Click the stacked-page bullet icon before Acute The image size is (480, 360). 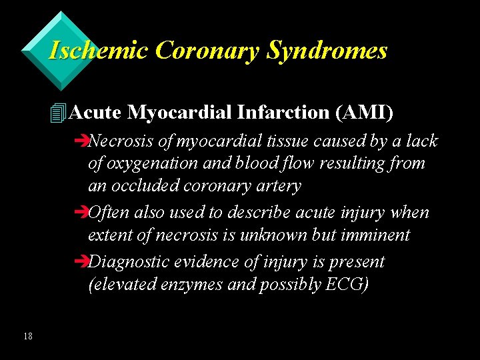click(58, 113)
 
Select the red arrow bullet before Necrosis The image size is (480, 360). click(82, 141)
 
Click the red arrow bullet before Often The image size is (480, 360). click(82, 213)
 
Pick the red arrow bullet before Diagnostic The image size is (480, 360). click(82, 262)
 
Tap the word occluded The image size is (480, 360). click(143, 186)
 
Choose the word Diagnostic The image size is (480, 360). click(130, 262)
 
